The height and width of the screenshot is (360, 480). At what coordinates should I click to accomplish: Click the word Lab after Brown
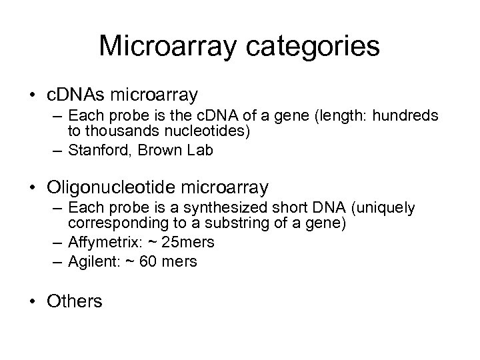tap(200, 151)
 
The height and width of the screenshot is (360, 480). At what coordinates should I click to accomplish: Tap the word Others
tap(75, 301)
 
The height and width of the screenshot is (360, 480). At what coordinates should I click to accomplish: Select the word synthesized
tap(207, 208)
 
